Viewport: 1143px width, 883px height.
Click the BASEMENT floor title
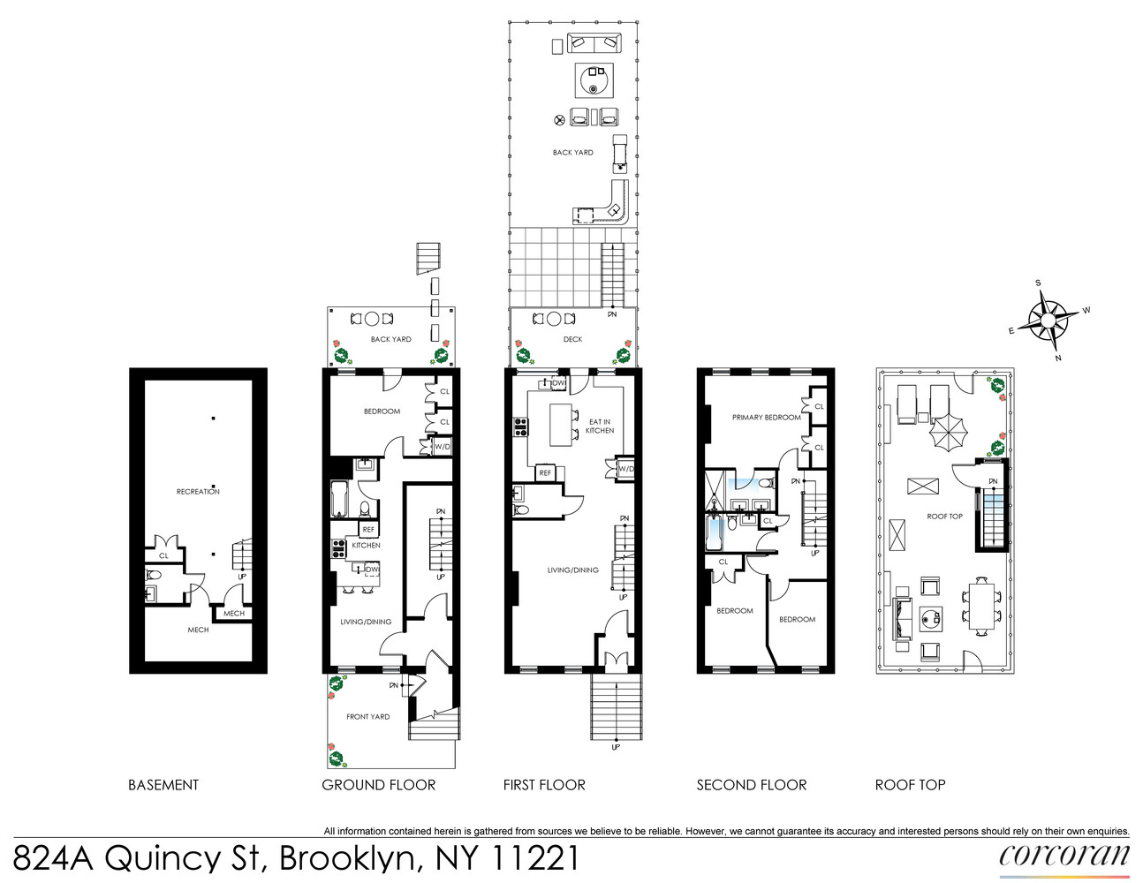[163, 785]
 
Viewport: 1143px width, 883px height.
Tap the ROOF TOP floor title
[910, 785]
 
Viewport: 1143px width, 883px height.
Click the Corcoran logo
[1064, 857]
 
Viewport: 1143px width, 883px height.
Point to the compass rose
[1048, 319]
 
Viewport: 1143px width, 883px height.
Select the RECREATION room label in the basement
[198, 491]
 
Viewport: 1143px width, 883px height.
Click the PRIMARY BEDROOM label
[766, 417]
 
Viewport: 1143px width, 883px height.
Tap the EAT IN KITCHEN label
[600, 426]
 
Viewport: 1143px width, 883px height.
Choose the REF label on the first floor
[545, 473]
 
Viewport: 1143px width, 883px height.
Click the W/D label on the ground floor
[442, 447]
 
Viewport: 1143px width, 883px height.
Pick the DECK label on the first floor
[572, 339]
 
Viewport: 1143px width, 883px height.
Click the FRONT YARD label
[367, 716]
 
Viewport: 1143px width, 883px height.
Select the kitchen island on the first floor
[560, 424]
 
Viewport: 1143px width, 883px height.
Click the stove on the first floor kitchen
[520, 427]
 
